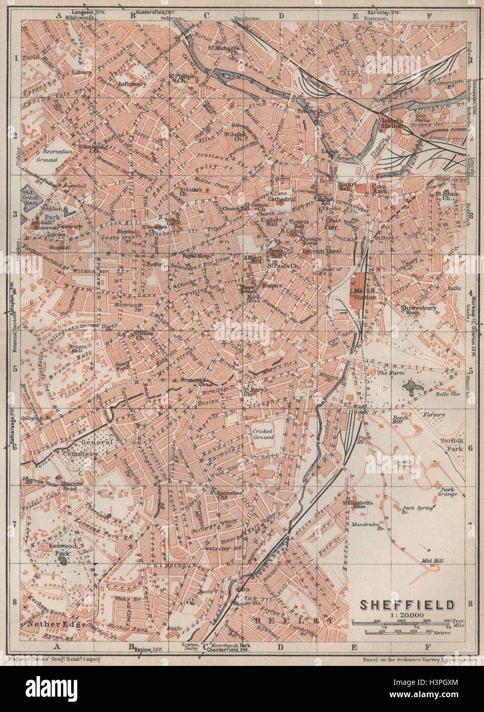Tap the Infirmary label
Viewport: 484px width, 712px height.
pyautogui.click(x=133, y=83)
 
